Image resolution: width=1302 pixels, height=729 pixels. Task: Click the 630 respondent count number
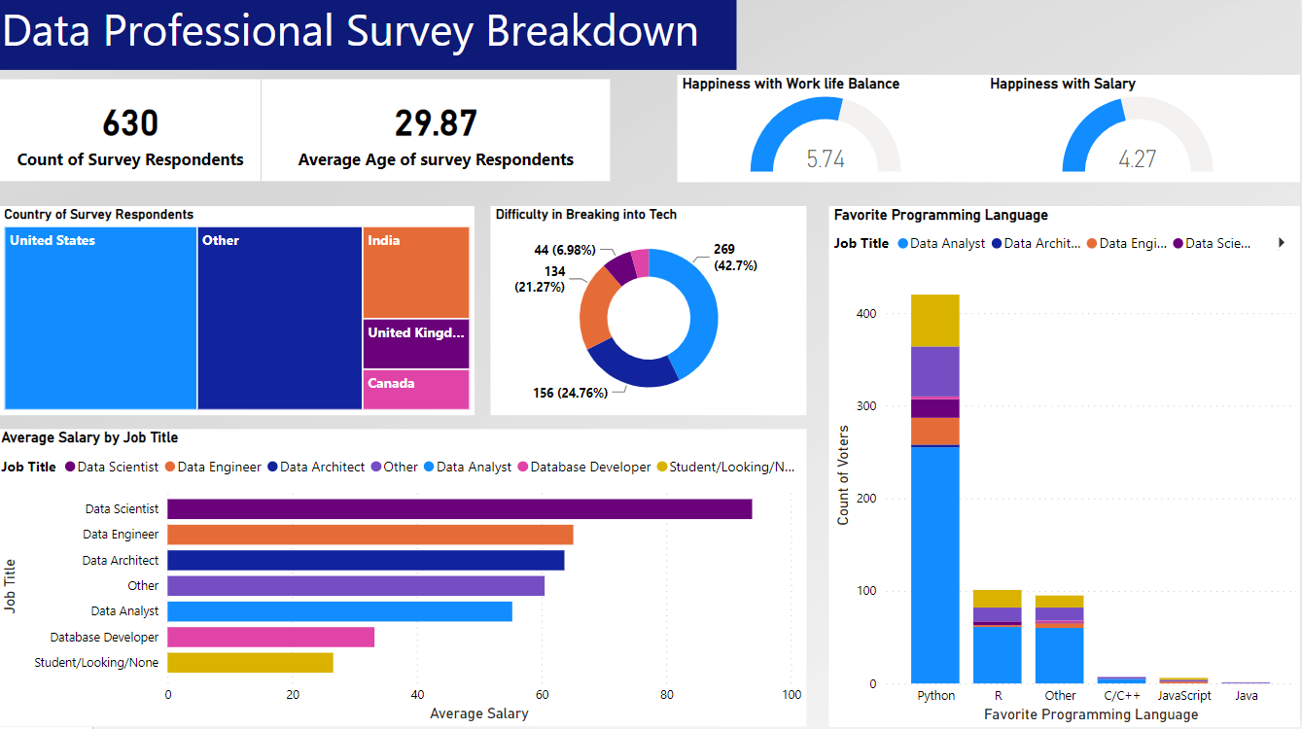click(130, 124)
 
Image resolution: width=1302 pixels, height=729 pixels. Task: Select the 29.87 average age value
click(436, 124)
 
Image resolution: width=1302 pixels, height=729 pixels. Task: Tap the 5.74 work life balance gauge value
click(826, 158)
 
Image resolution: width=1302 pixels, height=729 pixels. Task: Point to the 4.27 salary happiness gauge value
click(1137, 158)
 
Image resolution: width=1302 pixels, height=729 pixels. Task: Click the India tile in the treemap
click(416, 273)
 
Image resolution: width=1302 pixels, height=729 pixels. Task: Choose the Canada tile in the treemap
click(416, 390)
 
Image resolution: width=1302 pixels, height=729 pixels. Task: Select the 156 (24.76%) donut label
click(570, 393)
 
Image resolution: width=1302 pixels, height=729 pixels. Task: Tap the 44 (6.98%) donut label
click(564, 250)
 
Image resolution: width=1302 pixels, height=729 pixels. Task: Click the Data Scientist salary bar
click(459, 508)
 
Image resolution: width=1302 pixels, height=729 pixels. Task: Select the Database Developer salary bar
click(270, 637)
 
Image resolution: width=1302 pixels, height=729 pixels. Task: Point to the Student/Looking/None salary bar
click(250, 662)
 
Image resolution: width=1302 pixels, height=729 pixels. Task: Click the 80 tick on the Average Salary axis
click(667, 695)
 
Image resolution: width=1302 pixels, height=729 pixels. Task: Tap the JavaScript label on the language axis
click(1184, 696)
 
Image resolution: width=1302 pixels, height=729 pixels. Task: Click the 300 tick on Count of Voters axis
click(865, 406)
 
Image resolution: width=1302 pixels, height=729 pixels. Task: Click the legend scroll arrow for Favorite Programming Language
click(1281, 243)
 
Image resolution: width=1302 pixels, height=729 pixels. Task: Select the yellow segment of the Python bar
click(935, 321)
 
